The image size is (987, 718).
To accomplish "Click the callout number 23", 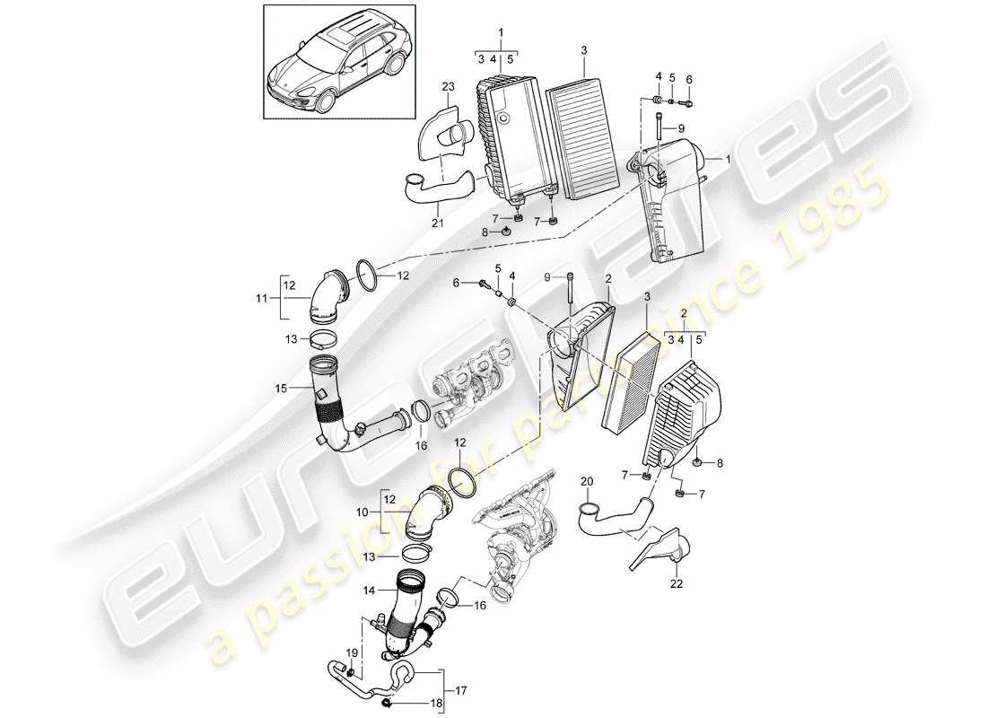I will [x=449, y=87].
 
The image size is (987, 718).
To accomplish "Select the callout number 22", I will [x=676, y=585].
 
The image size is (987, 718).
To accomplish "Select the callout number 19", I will [x=353, y=652].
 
